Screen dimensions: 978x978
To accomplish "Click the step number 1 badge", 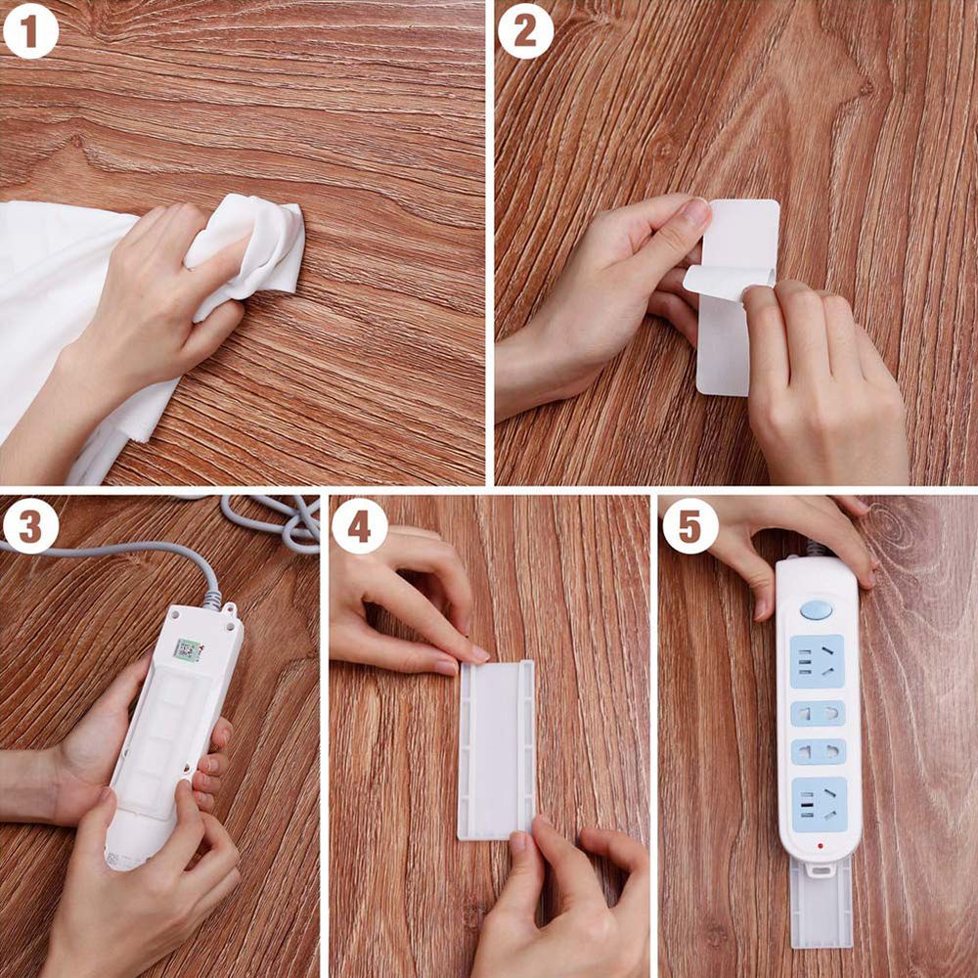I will pos(30,31).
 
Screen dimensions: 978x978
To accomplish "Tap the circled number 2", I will pos(525,31).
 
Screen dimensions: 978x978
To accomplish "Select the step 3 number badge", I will pos(30,526).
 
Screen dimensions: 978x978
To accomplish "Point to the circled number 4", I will pos(359,526).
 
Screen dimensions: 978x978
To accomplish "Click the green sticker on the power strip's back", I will pos(188,649).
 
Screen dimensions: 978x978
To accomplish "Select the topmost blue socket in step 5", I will pos(817,661).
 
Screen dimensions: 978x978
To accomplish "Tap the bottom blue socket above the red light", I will pos(817,803).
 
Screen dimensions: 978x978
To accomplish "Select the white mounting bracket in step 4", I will pos(497,748).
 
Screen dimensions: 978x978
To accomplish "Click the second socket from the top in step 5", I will pos(818,713).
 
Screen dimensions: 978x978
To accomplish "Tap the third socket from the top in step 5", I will pos(818,752).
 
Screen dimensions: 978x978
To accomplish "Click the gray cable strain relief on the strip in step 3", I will pos(211,599).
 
